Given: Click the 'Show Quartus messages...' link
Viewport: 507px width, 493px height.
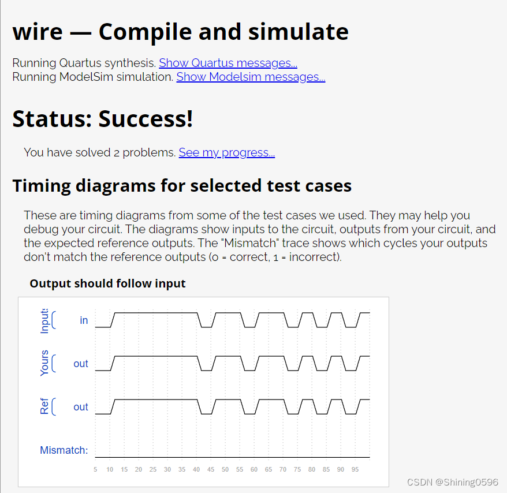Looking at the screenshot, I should [x=228, y=63].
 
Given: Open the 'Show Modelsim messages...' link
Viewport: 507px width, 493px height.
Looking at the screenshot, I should [x=251, y=77].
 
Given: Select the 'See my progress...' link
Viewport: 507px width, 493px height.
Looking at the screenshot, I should [x=226, y=152].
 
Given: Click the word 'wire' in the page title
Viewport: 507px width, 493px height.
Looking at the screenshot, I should [x=38, y=32].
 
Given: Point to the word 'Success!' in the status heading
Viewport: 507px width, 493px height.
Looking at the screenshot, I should [x=146, y=118].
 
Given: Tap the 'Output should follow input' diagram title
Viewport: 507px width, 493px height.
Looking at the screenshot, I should [x=107, y=283].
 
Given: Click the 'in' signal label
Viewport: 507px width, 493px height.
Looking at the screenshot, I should [x=84, y=320].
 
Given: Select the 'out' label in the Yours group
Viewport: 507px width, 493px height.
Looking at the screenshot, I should [x=81, y=364].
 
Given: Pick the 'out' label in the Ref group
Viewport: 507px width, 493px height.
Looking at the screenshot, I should [x=81, y=407].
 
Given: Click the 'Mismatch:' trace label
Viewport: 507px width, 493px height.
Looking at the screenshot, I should [x=64, y=450].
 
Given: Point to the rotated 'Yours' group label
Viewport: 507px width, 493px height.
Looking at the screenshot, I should [x=44, y=363].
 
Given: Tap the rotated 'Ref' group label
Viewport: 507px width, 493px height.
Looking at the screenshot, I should [x=44, y=407].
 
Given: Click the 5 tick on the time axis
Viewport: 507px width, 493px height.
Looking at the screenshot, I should [x=95, y=470].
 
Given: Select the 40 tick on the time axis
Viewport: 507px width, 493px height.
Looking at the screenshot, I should [x=196, y=470].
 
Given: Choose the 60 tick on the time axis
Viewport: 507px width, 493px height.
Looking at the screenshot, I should [x=254, y=470].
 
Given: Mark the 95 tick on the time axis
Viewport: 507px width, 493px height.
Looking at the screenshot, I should [x=355, y=470].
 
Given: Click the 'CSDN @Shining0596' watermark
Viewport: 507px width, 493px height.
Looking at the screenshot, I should [x=452, y=482].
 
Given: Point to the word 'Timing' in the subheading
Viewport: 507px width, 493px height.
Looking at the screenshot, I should [x=46, y=186].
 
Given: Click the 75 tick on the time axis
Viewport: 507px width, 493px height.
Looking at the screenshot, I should [x=297, y=470].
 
